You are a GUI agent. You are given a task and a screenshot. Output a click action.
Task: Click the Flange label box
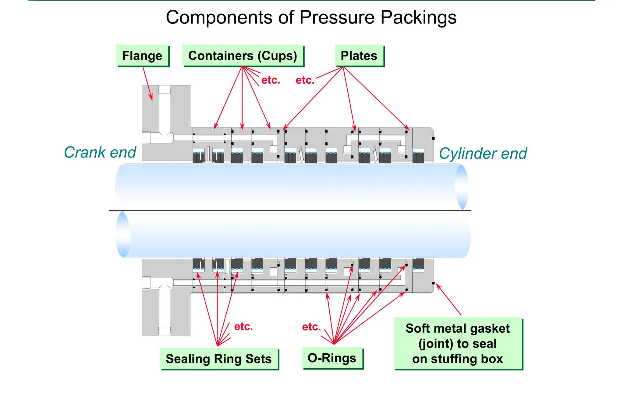coord(142,56)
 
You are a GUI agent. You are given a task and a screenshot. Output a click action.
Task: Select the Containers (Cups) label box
coord(243,56)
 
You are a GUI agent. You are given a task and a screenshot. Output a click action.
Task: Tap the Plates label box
coord(359,56)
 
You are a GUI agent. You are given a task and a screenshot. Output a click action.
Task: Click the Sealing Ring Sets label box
coord(218,359)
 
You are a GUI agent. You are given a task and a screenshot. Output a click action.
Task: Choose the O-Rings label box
coord(332,358)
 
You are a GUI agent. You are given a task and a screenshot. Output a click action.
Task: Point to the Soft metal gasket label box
coord(457,343)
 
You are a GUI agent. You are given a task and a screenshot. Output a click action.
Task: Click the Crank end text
coord(100,152)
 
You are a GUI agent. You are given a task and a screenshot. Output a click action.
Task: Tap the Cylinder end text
coord(483,154)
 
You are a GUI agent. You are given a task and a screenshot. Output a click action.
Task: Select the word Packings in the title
coord(418,17)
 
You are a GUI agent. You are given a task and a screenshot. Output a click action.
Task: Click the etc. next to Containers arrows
coord(271,80)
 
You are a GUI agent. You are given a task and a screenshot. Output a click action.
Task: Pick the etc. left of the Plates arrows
coord(305,80)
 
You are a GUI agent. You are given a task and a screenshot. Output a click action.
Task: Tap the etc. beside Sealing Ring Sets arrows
coord(243,327)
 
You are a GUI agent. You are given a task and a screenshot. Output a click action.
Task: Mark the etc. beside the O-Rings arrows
coord(311,327)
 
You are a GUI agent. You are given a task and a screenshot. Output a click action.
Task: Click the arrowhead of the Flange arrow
coord(151,98)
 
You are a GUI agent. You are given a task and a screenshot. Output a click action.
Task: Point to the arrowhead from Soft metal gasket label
coord(438,285)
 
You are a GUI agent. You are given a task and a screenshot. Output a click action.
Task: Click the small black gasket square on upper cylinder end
coord(433,138)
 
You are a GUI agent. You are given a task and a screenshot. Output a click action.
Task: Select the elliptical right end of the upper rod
coord(462,187)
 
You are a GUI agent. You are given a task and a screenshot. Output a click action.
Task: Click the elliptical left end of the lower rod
coord(123,234)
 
